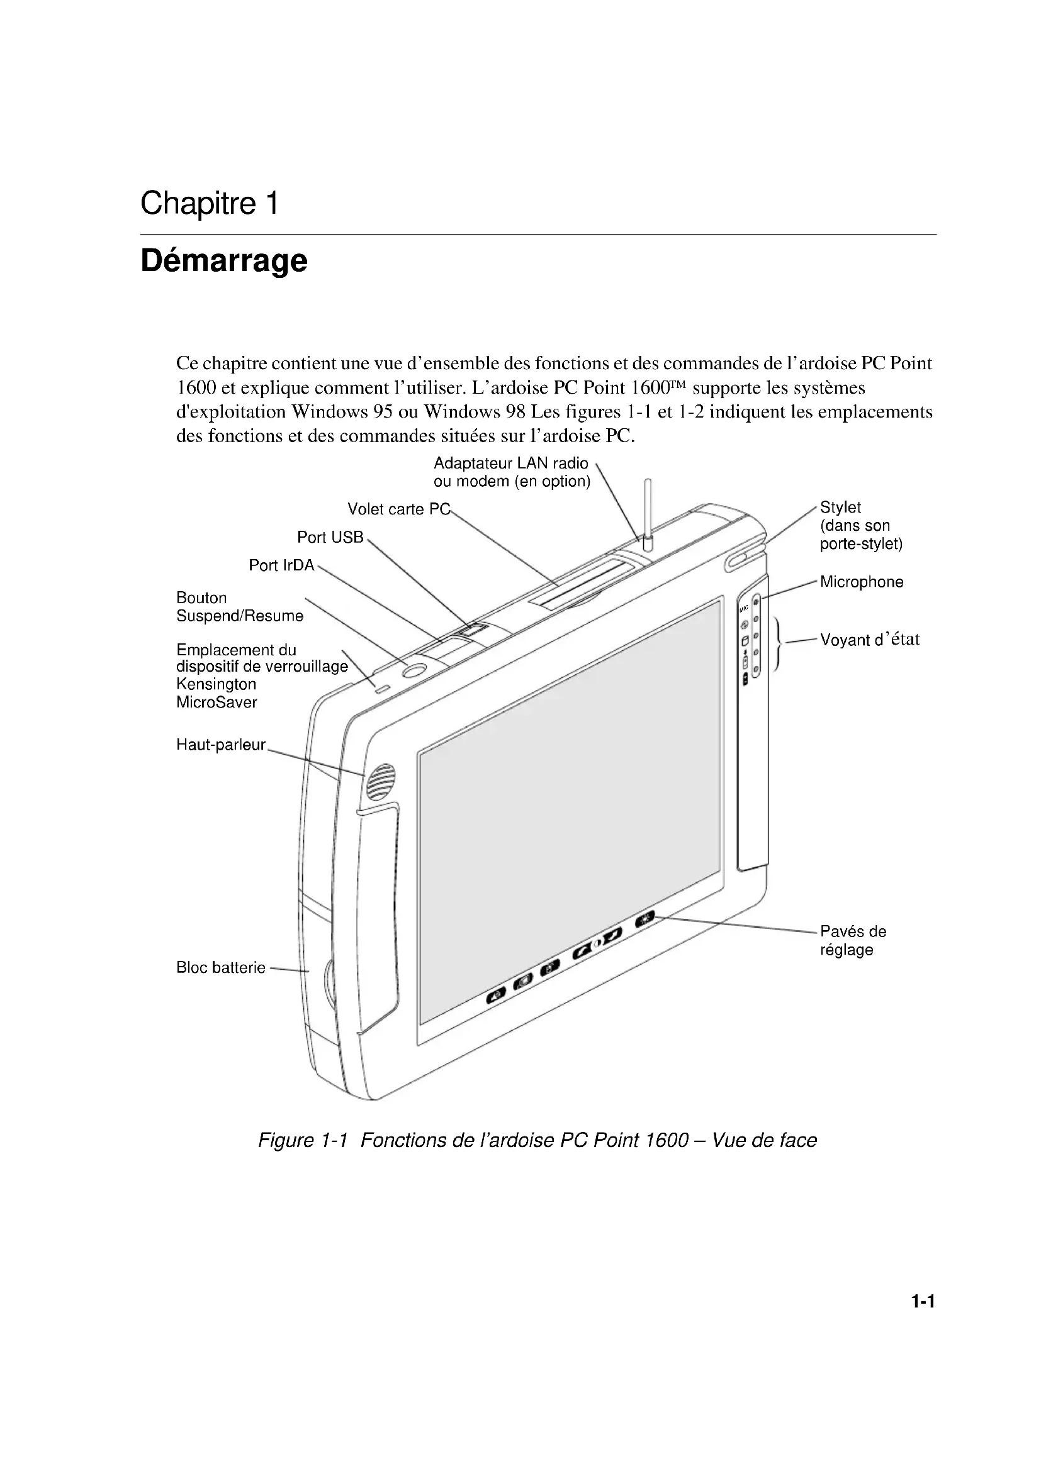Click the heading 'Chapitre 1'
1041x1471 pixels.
209,204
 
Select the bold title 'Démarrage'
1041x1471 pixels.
223,261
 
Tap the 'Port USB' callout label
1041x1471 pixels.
330,538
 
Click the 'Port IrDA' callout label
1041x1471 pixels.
281,565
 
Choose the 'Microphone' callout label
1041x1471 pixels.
862,582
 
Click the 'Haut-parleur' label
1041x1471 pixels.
220,745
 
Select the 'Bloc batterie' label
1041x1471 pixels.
220,967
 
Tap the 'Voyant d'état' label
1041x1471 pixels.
870,640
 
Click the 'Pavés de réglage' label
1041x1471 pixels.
853,940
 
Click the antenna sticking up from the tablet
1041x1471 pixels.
648,513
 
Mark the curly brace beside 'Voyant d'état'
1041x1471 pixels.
777,644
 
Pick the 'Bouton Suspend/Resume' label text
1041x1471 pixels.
239,607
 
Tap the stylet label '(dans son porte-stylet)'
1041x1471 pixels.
860,535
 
